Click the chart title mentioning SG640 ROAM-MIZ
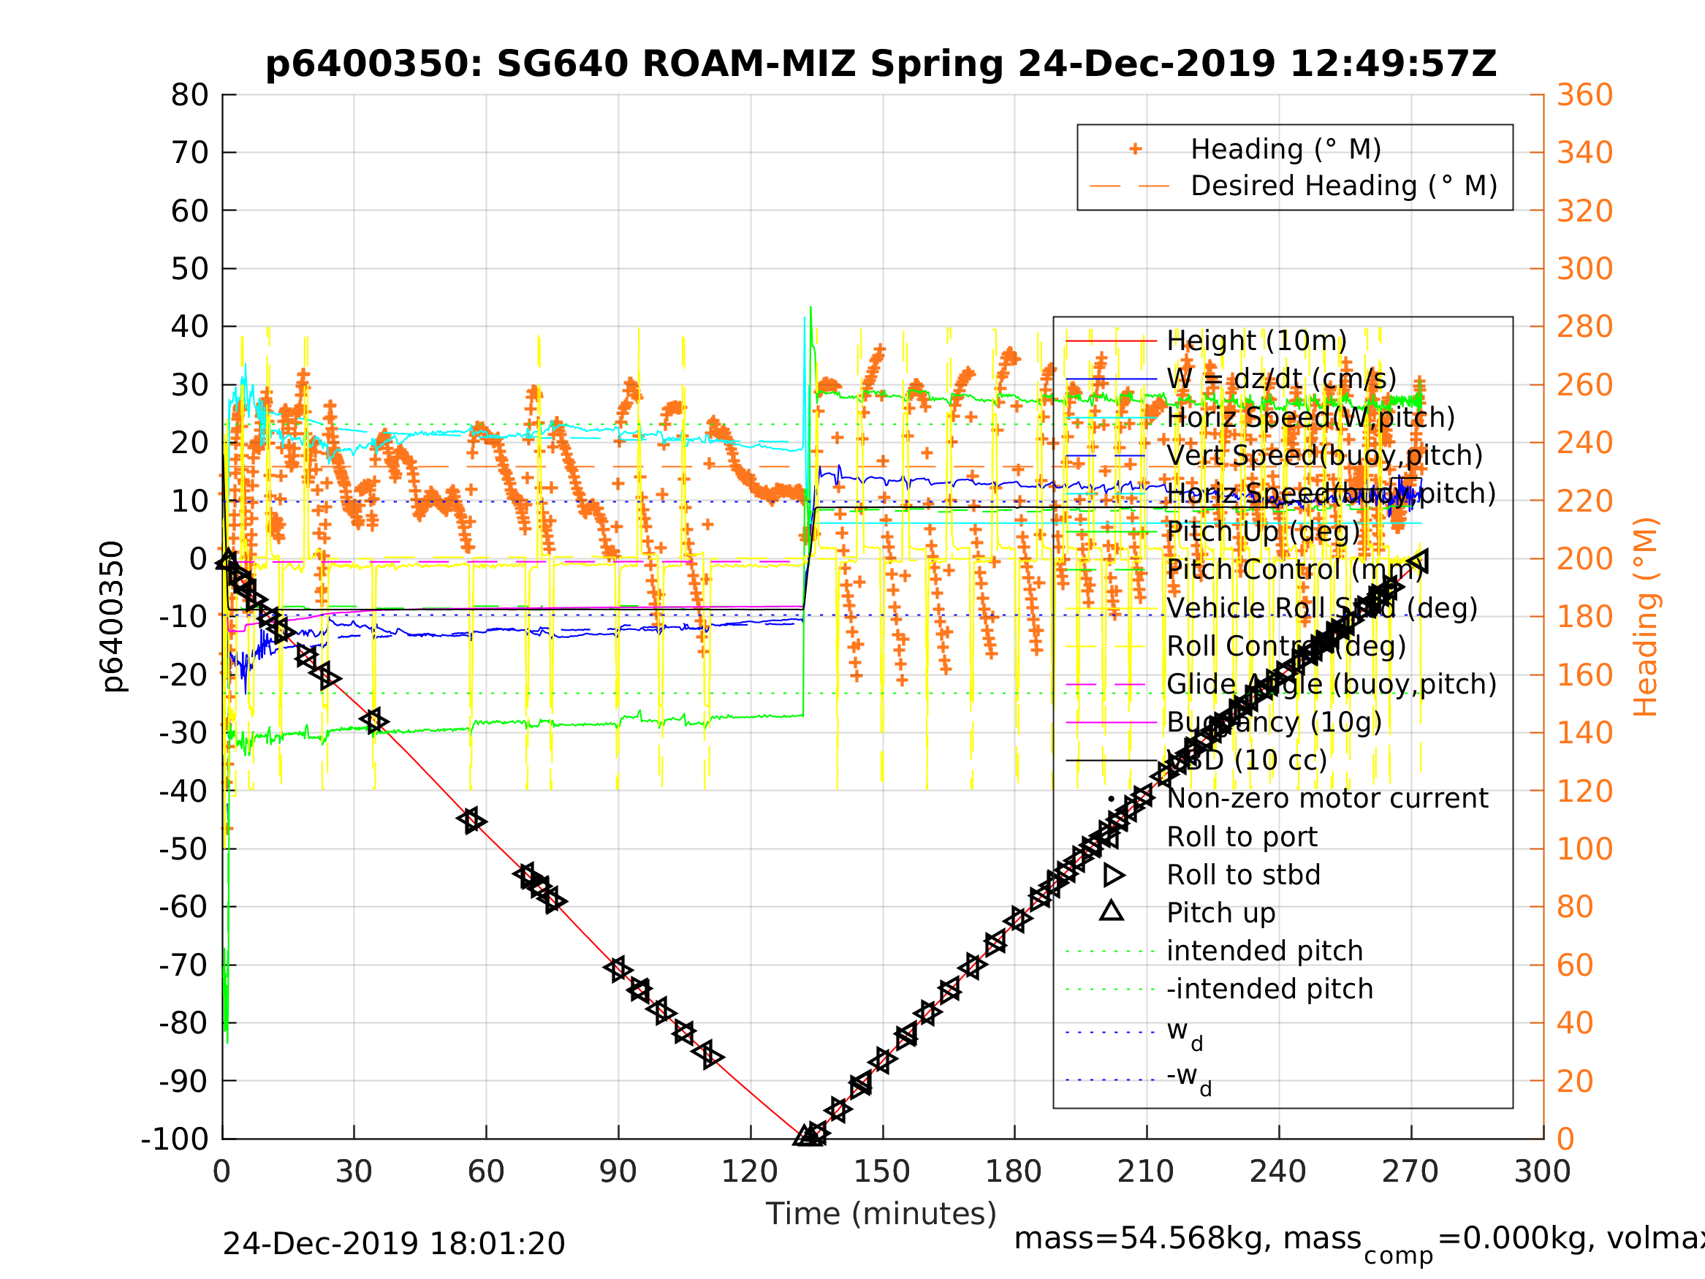point(880,64)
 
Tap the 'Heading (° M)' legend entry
point(1285,150)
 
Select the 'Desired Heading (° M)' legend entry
point(1343,186)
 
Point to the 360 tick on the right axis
point(1584,96)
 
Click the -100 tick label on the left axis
point(175,1139)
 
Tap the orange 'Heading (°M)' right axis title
point(1645,617)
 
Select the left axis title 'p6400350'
point(113,617)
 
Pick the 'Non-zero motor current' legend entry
point(1327,799)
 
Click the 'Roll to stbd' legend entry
point(1243,875)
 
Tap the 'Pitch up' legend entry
point(1221,913)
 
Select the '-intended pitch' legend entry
point(1269,989)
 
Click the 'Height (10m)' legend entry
point(1256,341)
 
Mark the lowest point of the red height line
point(803,1136)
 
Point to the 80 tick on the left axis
point(189,96)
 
